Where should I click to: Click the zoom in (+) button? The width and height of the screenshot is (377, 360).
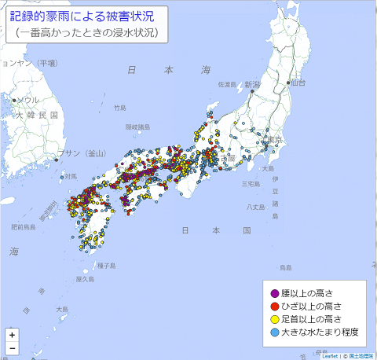(12, 334)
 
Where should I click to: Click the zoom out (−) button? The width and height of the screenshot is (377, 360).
(12, 347)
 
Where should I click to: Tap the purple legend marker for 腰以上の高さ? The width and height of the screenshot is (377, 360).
(273, 293)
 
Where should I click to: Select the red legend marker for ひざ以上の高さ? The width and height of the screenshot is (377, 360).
(273, 306)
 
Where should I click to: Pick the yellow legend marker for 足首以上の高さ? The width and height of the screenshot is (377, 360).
(273, 319)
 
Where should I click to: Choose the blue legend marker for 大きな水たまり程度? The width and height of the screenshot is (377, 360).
(273, 332)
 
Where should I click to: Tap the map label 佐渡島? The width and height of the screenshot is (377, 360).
(227, 84)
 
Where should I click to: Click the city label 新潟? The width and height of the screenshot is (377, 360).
(251, 83)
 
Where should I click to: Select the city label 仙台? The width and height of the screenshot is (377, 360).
(297, 83)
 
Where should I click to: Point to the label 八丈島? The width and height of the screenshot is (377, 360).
(256, 207)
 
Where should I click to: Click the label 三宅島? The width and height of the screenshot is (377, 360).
(251, 184)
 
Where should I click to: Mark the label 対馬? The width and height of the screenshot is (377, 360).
(70, 176)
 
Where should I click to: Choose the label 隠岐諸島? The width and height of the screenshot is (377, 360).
(137, 127)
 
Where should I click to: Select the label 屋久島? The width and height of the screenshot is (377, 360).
(85, 278)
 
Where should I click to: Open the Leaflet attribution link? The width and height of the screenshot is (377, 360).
(329, 355)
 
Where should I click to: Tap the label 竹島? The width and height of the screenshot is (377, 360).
(119, 108)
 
